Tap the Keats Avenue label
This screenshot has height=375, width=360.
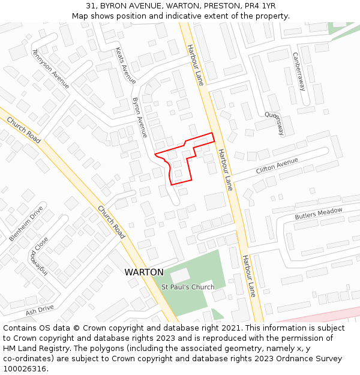pyautogui.click(x=125, y=65)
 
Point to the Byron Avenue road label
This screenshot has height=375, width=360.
pyautogui.click(x=140, y=117)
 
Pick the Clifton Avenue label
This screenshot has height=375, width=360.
pyautogui.click(x=277, y=166)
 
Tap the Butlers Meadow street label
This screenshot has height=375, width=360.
pyautogui.click(x=318, y=213)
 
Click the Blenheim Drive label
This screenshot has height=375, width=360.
pyautogui.click(x=26, y=224)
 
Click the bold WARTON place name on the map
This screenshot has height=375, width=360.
pyautogui.click(x=144, y=272)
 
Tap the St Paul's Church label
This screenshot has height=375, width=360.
pyautogui.click(x=188, y=287)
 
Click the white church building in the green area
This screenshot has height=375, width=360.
pyautogui.click(x=180, y=276)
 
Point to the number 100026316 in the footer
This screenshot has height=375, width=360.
pyautogui.click(x=25, y=368)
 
